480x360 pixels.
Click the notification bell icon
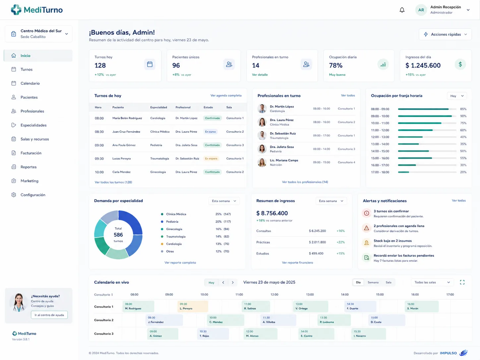[x=402, y=10]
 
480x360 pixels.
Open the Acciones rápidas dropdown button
[x=445, y=34]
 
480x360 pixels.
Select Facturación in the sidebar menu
[x=31, y=153]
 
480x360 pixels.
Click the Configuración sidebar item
[x=33, y=195]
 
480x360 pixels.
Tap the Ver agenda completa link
[x=226, y=95]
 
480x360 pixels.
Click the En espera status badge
[x=211, y=158]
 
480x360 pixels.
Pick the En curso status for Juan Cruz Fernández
[x=210, y=132]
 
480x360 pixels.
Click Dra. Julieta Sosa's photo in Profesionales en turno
[x=262, y=149]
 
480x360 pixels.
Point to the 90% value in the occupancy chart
[x=463, y=116]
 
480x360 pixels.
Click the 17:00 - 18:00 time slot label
[x=380, y=172]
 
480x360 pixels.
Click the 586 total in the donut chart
[x=118, y=235]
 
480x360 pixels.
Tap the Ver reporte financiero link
[x=297, y=263]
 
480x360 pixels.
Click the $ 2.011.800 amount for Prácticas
[x=317, y=242]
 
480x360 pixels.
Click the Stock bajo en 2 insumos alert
[x=392, y=241]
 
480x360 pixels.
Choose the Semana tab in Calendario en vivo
[x=373, y=282]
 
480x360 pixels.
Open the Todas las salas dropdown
[x=432, y=282]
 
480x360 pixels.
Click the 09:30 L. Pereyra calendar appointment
[x=193, y=306]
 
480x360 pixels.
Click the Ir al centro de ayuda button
[x=49, y=315]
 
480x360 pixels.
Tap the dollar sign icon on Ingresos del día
[x=460, y=65]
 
